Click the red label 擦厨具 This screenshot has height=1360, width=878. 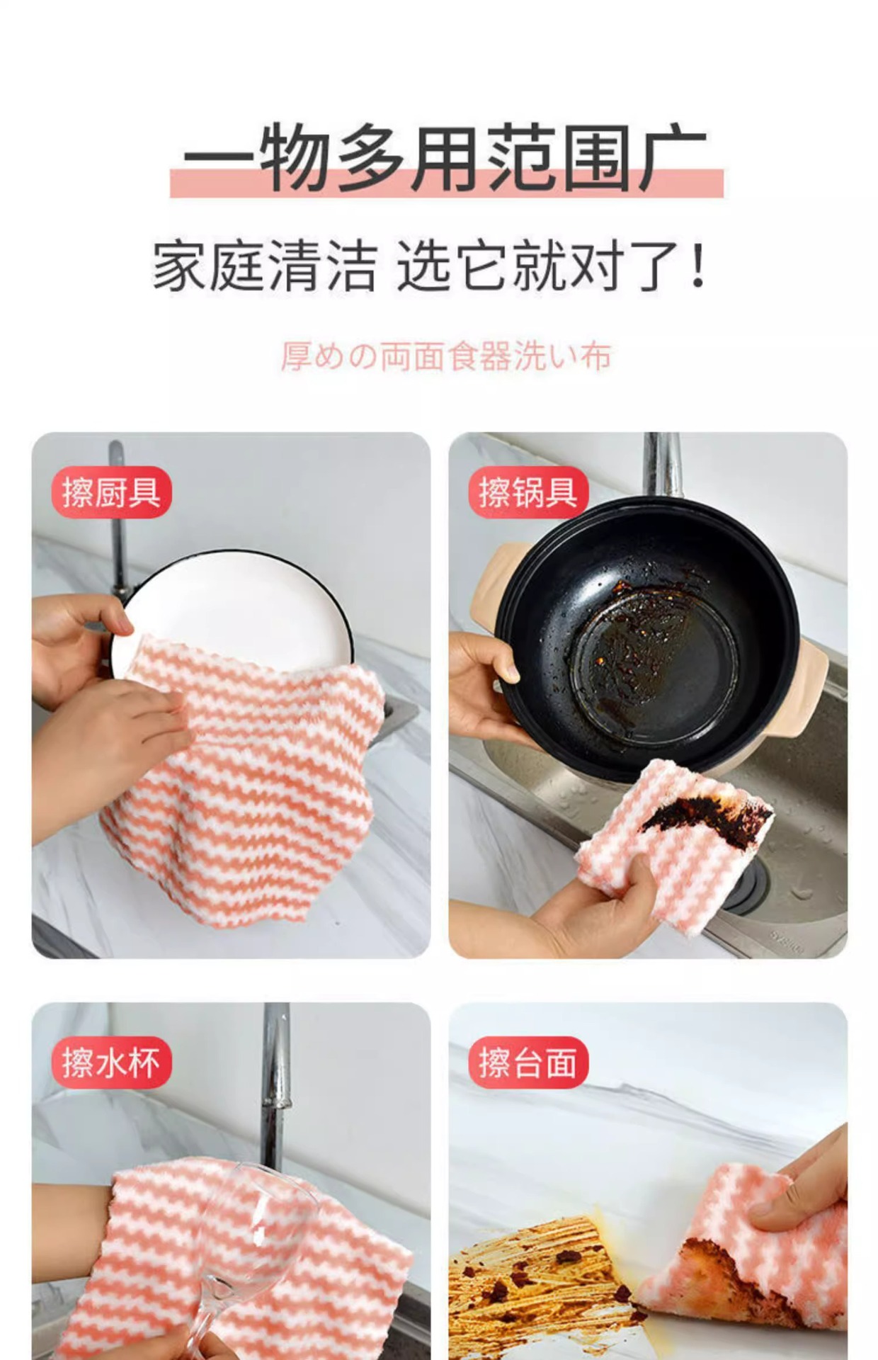(112, 492)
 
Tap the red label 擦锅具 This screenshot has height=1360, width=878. (528, 492)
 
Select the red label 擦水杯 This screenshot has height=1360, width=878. (112, 1062)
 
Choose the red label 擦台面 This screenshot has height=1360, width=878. (528, 1062)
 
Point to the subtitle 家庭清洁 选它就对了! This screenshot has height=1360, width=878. (430, 266)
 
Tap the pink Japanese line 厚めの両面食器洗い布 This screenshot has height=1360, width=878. (445, 356)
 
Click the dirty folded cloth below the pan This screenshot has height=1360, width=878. (673, 836)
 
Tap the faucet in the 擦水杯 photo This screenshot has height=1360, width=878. (276, 1084)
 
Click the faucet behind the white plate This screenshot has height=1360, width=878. (118, 517)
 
